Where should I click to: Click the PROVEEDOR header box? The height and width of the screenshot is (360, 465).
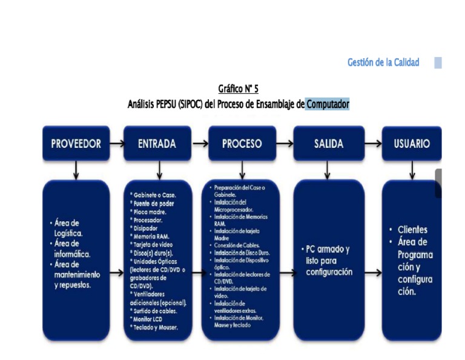(76, 144)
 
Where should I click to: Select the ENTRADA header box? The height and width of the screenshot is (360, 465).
(157, 144)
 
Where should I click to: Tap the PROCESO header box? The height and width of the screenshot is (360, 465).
(242, 144)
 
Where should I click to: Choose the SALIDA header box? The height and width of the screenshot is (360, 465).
(328, 144)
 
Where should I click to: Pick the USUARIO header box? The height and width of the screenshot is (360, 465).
(412, 144)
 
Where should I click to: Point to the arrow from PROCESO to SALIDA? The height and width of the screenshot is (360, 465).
(285, 144)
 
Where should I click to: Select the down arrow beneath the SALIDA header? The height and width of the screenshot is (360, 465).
(328, 170)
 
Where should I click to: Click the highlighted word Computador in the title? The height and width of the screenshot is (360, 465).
(328, 104)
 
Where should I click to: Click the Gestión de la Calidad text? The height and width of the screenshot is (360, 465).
(383, 62)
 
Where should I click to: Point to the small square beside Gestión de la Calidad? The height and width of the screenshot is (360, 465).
(438, 62)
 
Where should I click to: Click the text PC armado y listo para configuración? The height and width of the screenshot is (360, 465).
(328, 261)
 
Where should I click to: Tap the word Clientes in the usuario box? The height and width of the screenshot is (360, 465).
(412, 230)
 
